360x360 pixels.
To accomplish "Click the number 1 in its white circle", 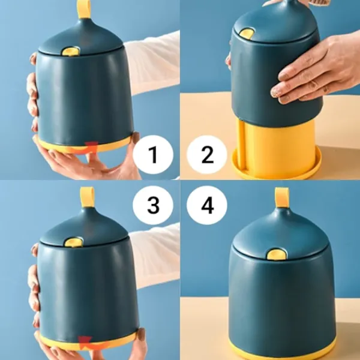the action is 153,155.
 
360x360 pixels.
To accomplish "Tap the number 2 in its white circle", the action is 208,155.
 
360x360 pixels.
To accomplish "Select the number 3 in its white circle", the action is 153,205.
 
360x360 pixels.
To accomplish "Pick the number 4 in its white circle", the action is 208,205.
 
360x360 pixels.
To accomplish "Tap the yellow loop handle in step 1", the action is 83,9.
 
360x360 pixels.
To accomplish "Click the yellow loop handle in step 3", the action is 87,197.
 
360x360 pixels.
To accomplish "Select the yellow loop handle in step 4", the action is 282,197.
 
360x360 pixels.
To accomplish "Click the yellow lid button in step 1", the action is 71,52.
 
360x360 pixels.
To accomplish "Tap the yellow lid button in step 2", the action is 247,34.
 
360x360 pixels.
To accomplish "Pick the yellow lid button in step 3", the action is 73,242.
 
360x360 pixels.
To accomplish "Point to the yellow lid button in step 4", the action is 277,254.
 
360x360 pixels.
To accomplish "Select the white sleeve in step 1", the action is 152,62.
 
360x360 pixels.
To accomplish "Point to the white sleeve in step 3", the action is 156,255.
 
